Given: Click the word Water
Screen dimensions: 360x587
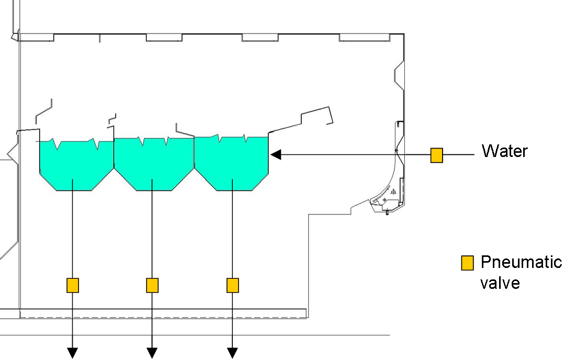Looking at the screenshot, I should (x=504, y=151).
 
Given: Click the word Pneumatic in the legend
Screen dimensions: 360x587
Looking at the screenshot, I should (x=521, y=262).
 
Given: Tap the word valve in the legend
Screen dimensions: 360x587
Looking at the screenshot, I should (x=500, y=283).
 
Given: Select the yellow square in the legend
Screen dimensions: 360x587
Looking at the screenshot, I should (x=467, y=263).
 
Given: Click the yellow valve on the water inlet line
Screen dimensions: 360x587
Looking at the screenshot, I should (x=436, y=155).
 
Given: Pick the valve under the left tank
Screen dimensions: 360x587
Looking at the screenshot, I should (x=73, y=285).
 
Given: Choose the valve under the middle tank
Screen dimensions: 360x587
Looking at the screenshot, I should (x=152, y=285).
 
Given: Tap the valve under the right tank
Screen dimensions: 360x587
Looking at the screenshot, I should (x=232, y=285).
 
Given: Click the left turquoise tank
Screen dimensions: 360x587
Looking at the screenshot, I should (x=76, y=165).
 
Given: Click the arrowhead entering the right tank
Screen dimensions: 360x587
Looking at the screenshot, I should (x=276, y=155).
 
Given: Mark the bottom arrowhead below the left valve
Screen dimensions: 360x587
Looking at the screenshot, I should (x=73, y=353).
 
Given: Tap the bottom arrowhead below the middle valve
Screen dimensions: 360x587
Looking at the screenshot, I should (x=152, y=353).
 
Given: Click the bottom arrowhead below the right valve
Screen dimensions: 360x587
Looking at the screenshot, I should (x=232, y=353).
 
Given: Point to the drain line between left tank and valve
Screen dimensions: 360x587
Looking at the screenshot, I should (x=73, y=235).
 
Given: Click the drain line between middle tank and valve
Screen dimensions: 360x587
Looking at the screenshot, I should (x=152, y=235).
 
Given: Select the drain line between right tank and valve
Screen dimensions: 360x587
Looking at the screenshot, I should (x=232, y=235).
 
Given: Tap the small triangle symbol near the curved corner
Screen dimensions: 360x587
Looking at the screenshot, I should (x=393, y=193).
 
